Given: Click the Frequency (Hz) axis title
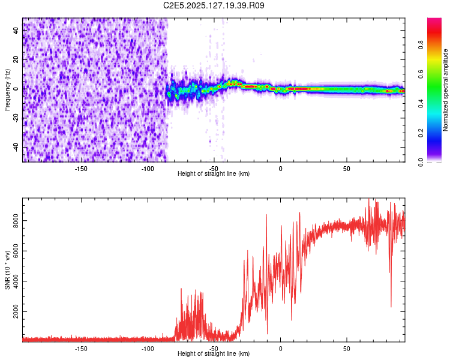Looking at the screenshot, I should [x=7, y=90].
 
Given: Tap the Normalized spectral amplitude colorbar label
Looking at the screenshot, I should [x=446, y=90].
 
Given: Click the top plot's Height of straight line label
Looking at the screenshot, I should [x=214, y=173].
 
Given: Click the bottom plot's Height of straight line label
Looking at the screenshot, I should [x=214, y=353].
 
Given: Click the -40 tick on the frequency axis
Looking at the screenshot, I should [x=16, y=147].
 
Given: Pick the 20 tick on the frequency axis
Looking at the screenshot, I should [x=16, y=60].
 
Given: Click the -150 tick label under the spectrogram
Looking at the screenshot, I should [x=81, y=168].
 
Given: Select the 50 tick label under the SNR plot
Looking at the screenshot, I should [x=346, y=348].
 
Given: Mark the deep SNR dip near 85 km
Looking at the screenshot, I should [x=391, y=306].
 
